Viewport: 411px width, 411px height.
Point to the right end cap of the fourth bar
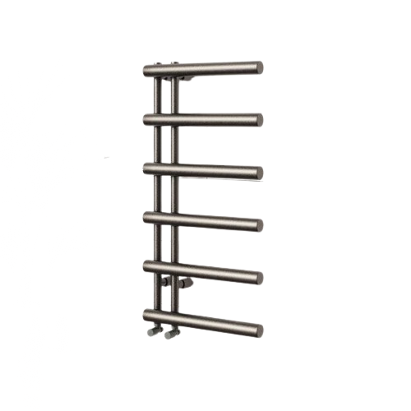(x=259, y=224)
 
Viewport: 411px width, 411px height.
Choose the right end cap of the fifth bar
(x=259, y=276)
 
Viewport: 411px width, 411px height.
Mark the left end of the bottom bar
(x=145, y=315)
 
